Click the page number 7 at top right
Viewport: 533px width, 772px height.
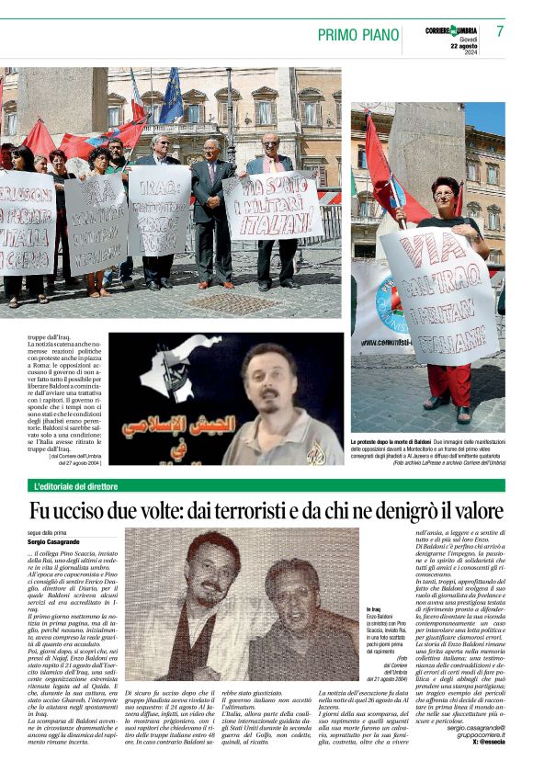coord(500,32)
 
